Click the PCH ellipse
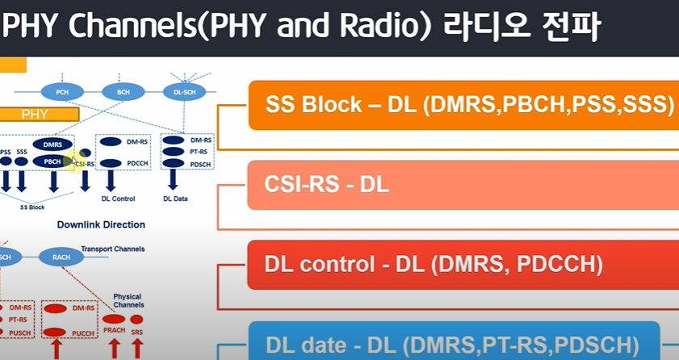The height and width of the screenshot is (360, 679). click(62, 92)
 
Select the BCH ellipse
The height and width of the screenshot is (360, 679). click(124, 92)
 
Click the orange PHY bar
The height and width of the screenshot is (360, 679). click(40, 115)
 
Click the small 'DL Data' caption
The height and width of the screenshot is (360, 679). click(178, 197)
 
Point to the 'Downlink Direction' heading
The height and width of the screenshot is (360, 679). click(101, 224)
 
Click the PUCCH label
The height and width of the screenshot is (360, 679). click(83, 332)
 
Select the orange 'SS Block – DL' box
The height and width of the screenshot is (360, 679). click(462, 105)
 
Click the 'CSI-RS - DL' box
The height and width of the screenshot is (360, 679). click(462, 184)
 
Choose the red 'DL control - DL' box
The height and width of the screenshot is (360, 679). click(462, 264)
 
